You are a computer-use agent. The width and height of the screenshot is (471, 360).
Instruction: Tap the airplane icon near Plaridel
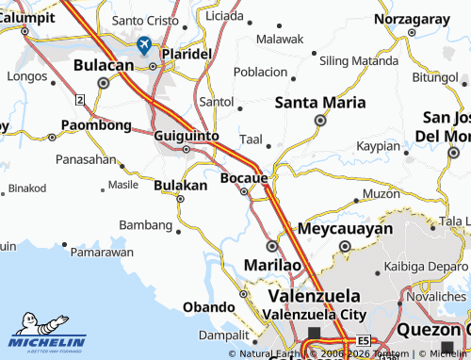144,44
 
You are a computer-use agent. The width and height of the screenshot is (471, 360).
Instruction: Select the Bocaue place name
244,177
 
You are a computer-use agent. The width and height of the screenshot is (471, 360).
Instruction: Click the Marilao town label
273,265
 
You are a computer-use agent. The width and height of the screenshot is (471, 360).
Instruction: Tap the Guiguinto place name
186,136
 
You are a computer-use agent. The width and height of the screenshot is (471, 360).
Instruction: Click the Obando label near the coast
208,307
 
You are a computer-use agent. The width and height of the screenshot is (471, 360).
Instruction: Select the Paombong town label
96,124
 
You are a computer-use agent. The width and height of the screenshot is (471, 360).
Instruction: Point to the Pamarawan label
102,253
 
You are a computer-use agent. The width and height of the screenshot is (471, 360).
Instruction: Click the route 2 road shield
81,99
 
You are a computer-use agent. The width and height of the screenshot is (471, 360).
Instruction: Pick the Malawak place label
280,40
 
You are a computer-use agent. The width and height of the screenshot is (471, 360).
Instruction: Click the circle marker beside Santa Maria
320,121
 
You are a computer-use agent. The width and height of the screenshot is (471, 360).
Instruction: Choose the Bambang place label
146,224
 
